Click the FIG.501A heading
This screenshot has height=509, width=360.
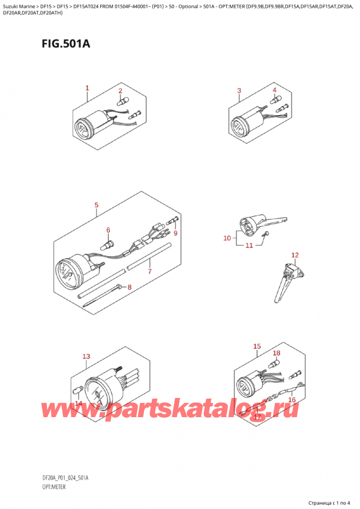(65, 43)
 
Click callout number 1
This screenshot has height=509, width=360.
(87, 88)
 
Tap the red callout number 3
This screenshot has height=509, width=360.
(239, 91)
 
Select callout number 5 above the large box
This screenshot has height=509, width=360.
(97, 205)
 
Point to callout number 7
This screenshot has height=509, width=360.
(149, 271)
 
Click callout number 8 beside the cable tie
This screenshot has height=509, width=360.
(130, 287)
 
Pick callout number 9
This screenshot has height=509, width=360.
(176, 233)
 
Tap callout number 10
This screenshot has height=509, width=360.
(227, 238)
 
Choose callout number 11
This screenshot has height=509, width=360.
(249, 245)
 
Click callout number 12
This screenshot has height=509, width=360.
(295, 255)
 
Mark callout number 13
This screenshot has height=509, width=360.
(86, 357)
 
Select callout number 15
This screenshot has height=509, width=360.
(257, 346)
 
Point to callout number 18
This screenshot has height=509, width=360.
(276, 353)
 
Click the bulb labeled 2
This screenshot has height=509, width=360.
(121, 101)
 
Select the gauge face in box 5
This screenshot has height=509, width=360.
(64, 272)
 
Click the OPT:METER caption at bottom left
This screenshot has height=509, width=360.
(54, 487)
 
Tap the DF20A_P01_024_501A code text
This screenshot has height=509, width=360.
(65, 478)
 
